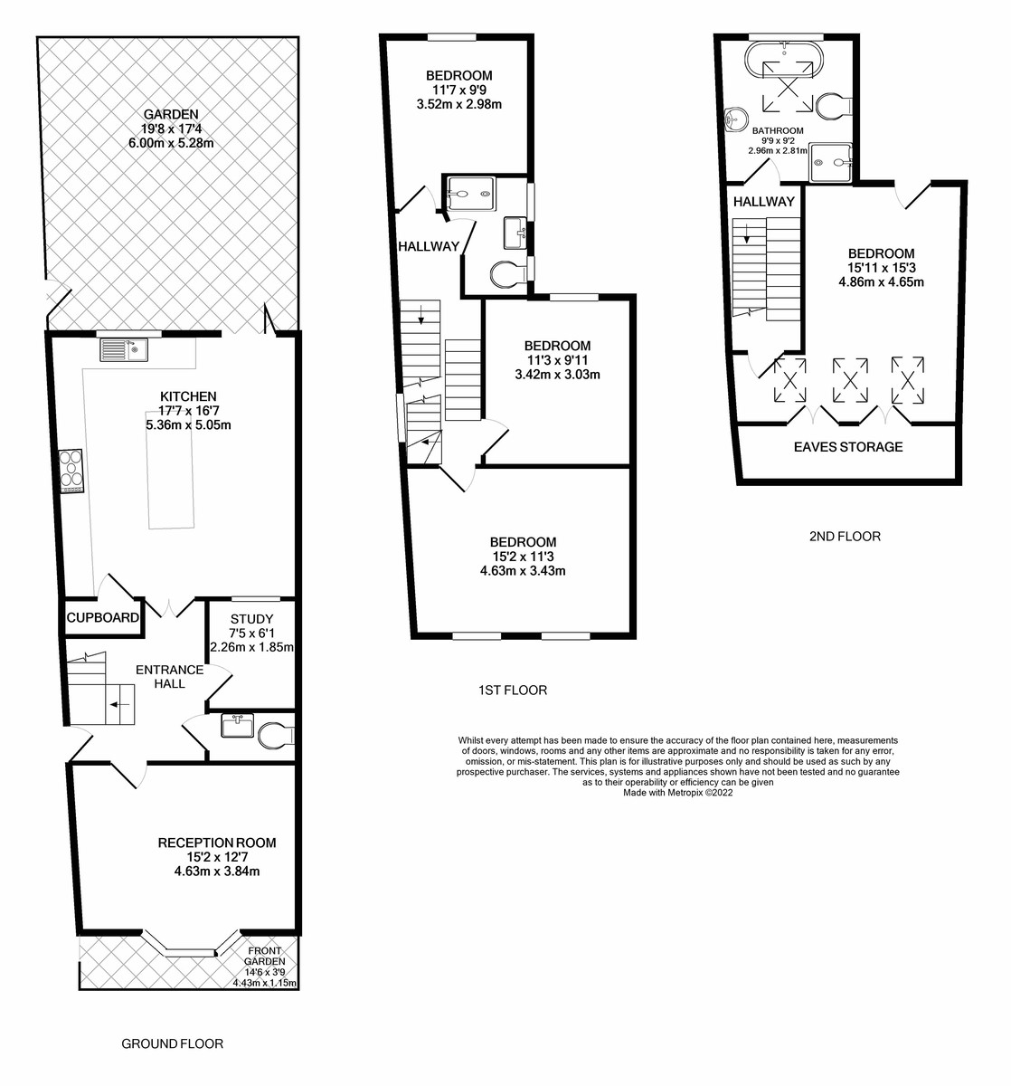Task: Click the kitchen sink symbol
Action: (124, 350)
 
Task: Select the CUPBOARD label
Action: (103, 617)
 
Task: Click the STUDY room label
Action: (251, 619)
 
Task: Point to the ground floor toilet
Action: (276, 736)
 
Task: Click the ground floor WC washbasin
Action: (238, 726)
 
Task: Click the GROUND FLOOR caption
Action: (172, 1043)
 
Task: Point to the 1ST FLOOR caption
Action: (513, 691)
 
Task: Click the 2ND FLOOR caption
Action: (845, 537)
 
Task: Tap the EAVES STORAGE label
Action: (848, 447)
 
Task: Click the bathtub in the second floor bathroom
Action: (785, 61)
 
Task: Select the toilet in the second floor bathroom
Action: (834, 106)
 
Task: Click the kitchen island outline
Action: (171, 468)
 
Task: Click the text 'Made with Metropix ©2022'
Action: (677, 793)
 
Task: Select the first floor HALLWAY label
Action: (429, 247)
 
